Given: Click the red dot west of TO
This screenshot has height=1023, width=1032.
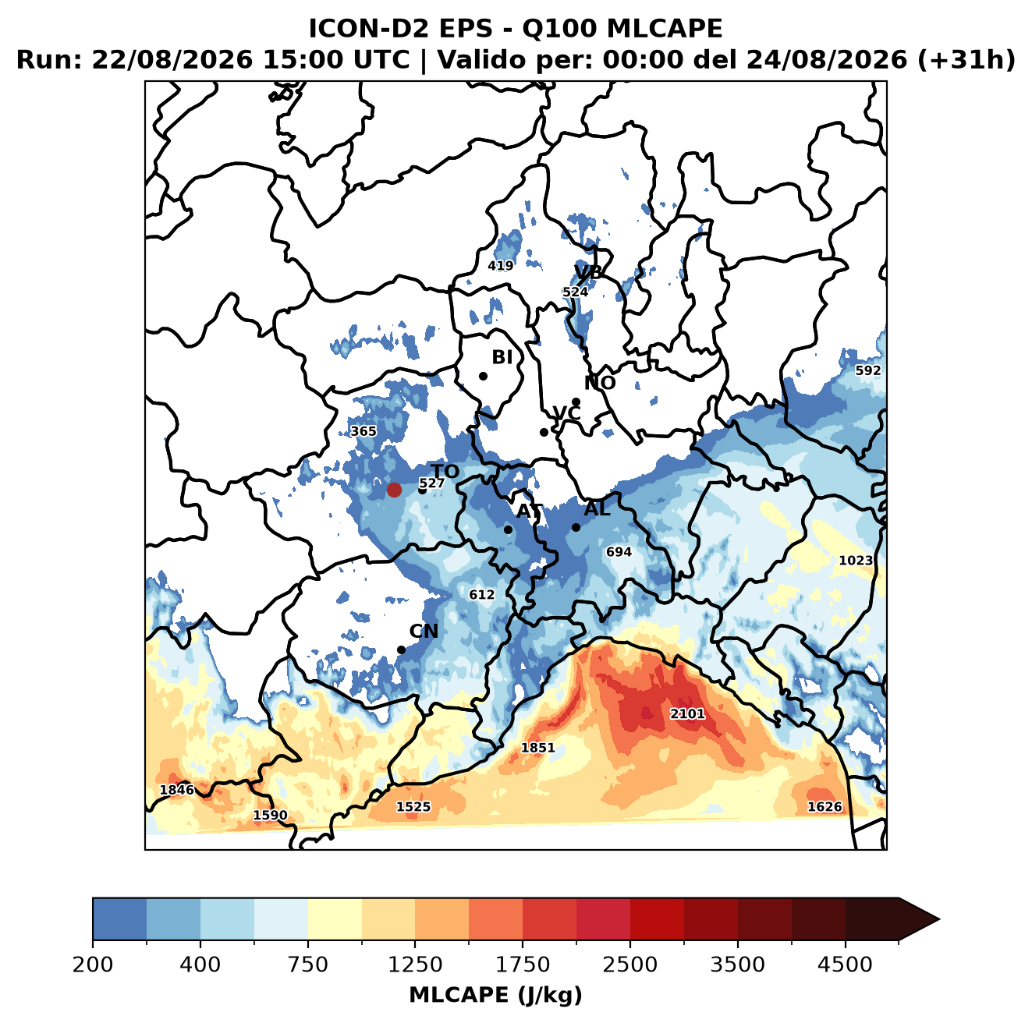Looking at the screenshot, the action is pyautogui.click(x=394, y=490).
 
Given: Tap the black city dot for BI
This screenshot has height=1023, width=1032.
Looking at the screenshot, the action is pyautogui.click(x=483, y=376).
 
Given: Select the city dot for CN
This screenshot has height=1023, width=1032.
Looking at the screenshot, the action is pyautogui.click(x=401, y=650).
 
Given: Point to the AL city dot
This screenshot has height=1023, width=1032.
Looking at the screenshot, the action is pyautogui.click(x=576, y=527).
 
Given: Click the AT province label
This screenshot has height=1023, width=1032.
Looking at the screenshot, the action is pyautogui.click(x=529, y=512).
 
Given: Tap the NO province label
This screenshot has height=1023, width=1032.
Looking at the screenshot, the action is pyautogui.click(x=599, y=383).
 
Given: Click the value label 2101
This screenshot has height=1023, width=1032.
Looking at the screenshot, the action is pyautogui.click(x=687, y=713).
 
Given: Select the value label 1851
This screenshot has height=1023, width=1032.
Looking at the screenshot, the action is pyautogui.click(x=537, y=747).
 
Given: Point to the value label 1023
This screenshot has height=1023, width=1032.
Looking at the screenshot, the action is pyautogui.click(x=855, y=560).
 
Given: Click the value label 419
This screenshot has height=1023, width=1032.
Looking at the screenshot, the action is pyautogui.click(x=500, y=266).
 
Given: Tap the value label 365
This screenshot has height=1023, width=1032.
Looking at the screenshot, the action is pyautogui.click(x=363, y=431).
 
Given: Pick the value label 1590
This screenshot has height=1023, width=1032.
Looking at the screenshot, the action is pyautogui.click(x=270, y=815).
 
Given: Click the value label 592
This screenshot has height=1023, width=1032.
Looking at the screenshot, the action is pyautogui.click(x=867, y=370).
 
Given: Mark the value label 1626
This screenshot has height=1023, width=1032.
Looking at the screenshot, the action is pyautogui.click(x=825, y=806).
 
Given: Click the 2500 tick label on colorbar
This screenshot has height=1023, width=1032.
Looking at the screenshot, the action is pyautogui.click(x=629, y=964).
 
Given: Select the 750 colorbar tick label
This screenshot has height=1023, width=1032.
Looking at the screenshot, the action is pyautogui.click(x=307, y=964).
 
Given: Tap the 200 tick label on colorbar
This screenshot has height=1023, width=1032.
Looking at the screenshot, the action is pyautogui.click(x=93, y=964).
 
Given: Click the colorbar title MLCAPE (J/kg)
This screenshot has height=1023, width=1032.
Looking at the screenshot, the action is pyautogui.click(x=495, y=995).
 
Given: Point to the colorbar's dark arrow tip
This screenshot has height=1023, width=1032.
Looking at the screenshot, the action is pyautogui.click(x=938, y=919).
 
